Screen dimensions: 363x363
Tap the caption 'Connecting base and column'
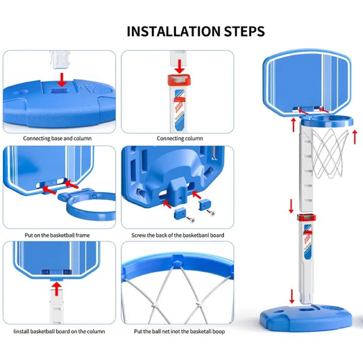pyautogui.click(x=57, y=138)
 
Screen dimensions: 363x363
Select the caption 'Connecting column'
pyautogui.click(x=180, y=138)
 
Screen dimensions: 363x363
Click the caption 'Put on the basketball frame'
pyautogui.click(x=57, y=235)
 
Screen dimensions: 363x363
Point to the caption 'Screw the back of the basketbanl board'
pyautogui.click(x=177, y=235)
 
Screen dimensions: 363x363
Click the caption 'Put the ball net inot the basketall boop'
pyautogui.click(x=179, y=332)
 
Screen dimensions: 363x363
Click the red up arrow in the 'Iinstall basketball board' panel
pyautogui.click(x=56, y=289)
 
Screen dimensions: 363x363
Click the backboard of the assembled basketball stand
pyautogui.click(x=307, y=83)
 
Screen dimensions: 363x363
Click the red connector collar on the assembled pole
pyautogui.click(x=307, y=218)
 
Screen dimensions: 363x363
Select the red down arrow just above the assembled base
pyautogui.click(x=292, y=295)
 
